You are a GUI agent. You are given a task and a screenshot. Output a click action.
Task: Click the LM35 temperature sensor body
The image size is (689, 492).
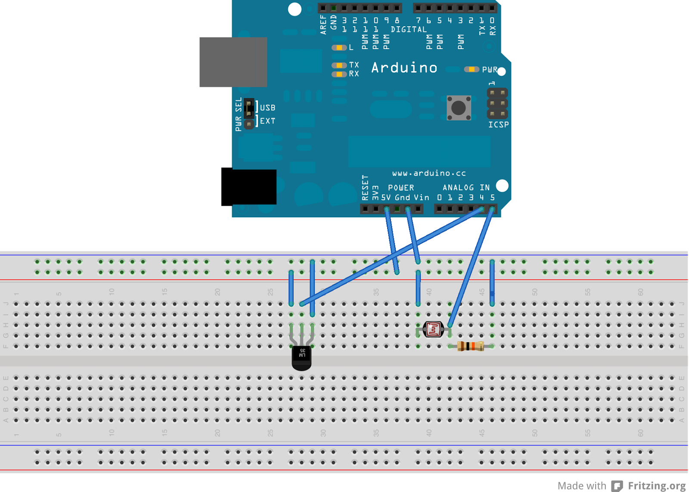pos(301,357)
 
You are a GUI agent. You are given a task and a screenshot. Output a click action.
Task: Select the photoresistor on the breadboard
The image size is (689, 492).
pos(433,330)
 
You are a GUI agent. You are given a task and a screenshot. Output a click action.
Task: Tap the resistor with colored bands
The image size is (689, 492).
pos(471,346)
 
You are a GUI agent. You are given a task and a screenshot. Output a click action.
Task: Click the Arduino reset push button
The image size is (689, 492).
pos(459,108)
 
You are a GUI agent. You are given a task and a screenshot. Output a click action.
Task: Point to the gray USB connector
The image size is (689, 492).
pos(233,62)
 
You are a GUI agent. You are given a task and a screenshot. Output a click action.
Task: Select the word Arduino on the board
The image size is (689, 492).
pos(404,68)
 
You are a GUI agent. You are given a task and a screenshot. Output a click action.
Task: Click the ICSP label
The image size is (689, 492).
pos(498,125)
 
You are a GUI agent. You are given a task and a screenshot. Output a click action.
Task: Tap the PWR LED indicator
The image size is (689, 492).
pos(472,69)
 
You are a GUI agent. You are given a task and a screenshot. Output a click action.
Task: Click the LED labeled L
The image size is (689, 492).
pos(339,47)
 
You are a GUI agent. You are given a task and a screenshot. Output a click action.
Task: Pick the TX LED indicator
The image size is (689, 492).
pos(339,65)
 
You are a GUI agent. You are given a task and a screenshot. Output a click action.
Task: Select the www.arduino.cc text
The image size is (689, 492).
pos(429,173)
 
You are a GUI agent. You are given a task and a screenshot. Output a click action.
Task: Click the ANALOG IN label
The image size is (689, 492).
pos(466,188)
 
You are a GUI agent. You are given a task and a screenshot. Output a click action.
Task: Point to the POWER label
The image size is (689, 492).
pos(401,188)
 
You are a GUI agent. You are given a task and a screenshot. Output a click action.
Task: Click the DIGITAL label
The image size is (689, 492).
pos(409,29)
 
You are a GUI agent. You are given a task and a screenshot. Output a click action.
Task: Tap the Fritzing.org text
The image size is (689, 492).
pos(656,486)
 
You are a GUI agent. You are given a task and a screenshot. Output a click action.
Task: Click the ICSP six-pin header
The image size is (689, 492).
pos(497,103)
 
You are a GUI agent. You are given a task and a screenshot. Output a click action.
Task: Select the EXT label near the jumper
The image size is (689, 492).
pos(267,121)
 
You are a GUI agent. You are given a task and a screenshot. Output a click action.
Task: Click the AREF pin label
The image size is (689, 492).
pos(323,25)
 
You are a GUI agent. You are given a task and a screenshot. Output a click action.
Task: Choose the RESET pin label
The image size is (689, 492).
pos(365,188)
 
